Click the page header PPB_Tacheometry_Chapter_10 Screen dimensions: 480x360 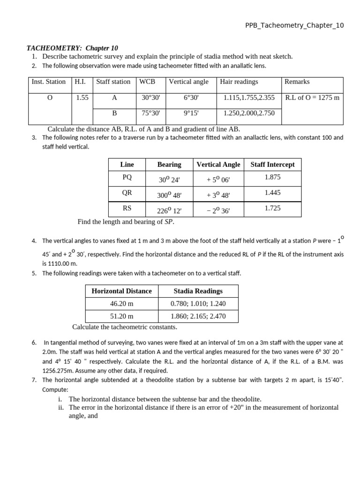coord(294,25)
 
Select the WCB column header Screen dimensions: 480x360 coord(147,82)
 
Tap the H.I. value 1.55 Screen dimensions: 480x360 coord(82,98)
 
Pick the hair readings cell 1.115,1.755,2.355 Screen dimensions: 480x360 coord(249,98)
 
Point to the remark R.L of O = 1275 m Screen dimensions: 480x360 coord(312,98)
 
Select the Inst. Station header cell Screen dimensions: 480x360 coord(49,82)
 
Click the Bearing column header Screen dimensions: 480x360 coord(169,164)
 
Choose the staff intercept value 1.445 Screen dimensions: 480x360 coord(272,193)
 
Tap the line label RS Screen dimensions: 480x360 coord(127,208)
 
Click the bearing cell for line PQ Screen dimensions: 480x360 coord(169,179)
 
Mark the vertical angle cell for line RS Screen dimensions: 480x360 coord(218,211)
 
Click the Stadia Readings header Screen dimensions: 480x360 coord(198,291)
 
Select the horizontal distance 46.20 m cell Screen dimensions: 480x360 coord(121,304)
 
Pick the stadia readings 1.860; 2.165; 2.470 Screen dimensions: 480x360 coord(198,316)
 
